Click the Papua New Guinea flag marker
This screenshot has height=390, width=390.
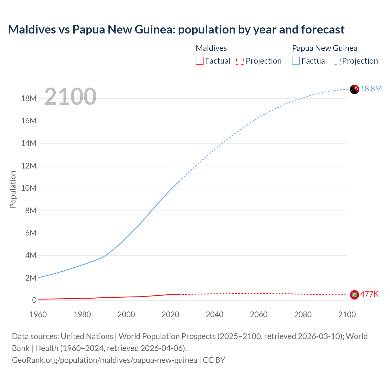tap(354, 89)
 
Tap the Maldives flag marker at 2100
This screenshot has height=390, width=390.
tap(354, 295)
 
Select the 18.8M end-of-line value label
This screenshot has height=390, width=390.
tap(371, 89)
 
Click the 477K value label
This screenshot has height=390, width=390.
tap(369, 294)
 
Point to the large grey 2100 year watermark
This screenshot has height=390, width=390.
tap(70, 97)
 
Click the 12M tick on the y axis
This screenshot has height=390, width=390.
tap(29, 166)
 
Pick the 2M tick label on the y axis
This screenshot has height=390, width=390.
tap(31, 278)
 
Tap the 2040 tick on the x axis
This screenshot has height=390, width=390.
tap(214, 314)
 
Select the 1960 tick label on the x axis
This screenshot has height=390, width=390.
tap(38, 314)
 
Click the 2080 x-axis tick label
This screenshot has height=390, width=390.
tap(303, 314)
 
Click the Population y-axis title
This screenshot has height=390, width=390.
tap(13, 189)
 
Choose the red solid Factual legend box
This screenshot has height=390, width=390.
tap(199, 61)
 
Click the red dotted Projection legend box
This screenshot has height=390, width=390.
tap(240, 61)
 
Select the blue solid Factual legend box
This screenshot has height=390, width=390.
tap(296, 61)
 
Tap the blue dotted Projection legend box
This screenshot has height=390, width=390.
tap(337, 61)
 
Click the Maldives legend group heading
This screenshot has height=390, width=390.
tap(211, 48)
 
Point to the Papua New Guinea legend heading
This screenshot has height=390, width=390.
tap(324, 48)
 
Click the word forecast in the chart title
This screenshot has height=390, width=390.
tap(323, 30)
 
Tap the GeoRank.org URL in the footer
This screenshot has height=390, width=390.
tap(105, 360)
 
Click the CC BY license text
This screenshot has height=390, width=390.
tap(214, 360)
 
